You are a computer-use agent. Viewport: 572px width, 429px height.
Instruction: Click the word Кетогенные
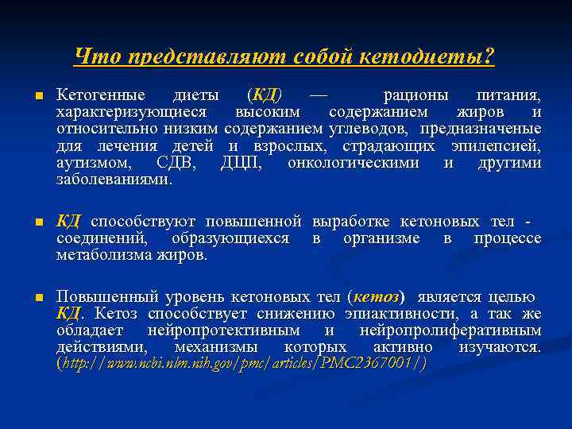click(100, 95)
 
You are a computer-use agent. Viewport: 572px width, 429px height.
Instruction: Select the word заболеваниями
click(114, 180)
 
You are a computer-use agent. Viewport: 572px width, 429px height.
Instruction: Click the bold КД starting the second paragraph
click(70, 221)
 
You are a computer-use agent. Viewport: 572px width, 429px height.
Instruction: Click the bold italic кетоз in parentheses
click(376, 297)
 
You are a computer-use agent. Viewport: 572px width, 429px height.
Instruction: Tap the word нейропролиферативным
click(450, 330)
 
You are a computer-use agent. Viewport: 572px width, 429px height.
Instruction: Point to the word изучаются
click(500, 347)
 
